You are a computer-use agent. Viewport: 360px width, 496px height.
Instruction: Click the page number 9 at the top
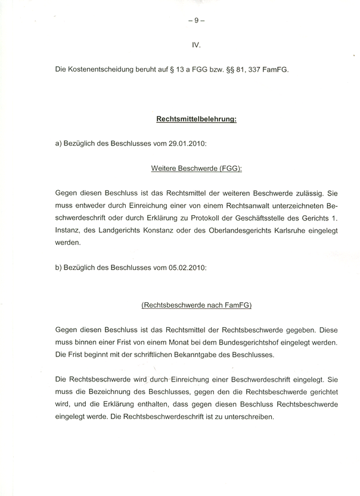click(x=196, y=20)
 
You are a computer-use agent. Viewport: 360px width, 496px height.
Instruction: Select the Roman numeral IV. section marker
click(x=196, y=45)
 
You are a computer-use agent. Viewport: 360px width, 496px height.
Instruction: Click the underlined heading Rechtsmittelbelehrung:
click(x=196, y=119)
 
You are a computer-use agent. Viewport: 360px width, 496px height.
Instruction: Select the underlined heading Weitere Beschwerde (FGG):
click(x=196, y=169)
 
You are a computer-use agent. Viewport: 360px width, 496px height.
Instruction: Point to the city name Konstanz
click(x=162, y=231)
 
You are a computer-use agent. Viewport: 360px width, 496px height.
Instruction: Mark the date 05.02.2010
click(x=187, y=268)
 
